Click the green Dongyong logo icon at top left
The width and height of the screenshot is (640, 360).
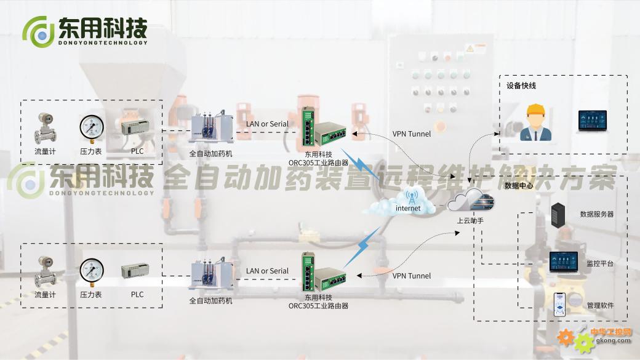point(38,32)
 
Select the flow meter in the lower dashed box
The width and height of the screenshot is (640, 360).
point(45,271)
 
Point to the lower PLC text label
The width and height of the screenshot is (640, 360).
point(137,294)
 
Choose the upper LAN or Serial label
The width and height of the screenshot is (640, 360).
point(267,124)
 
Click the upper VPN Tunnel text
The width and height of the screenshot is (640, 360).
point(412,134)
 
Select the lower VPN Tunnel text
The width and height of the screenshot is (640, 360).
point(412,276)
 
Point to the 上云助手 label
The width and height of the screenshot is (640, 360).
point(470,220)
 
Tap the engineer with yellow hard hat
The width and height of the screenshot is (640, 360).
point(535,122)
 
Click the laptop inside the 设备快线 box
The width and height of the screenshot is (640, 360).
point(592,121)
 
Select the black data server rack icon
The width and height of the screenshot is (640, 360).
point(558,215)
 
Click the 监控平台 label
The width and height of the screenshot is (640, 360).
point(600,263)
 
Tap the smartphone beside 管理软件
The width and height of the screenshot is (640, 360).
point(560,305)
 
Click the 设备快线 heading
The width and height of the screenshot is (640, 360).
point(521,86)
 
